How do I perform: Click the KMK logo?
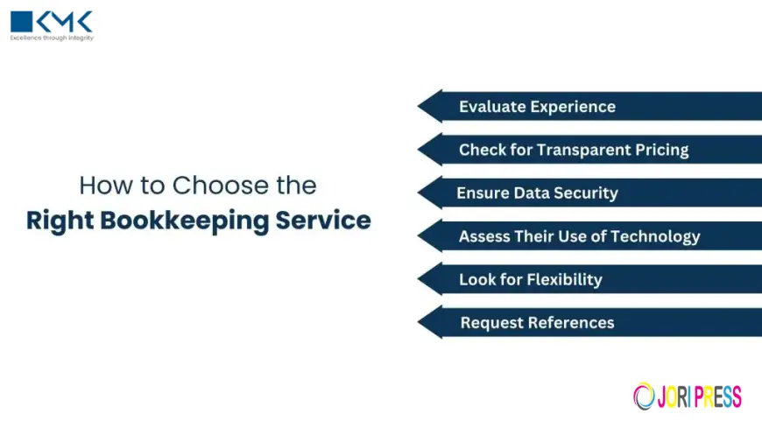pyautogui.click(x=51, y=22)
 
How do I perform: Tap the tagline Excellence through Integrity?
pyautogui.click(x=52, y=39)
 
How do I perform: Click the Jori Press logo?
pyautogui.click(x=688, y=396)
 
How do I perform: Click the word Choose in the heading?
pyautogui.click(x=208, y=186)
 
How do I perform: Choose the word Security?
pyautogui.click(x=584, y=193)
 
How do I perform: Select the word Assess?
pyautogui.click(x=484, y=236)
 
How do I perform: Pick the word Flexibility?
pyautogui.click(x=565, y=280)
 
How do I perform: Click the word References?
pyautogui.click(x=573, y=323)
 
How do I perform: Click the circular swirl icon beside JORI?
pyautogui.click(x=644, y=396)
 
